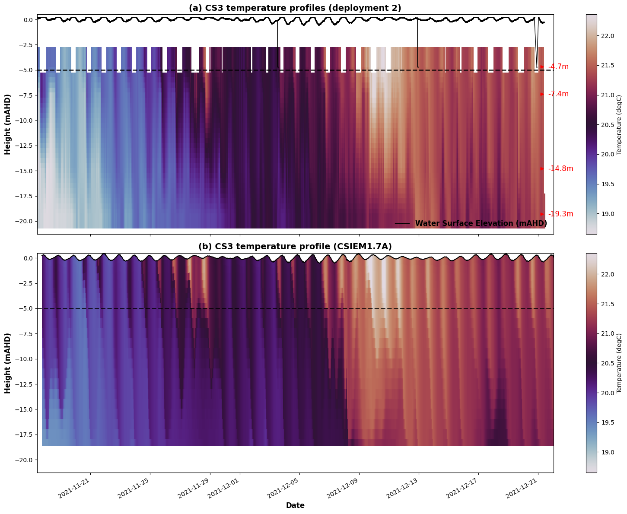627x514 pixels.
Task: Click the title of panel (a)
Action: pyautogui.click(x=295, y=8)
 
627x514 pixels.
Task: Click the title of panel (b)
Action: pyautogui.click(x=295, y=246)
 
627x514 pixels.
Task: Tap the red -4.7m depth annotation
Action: pyautogui.click(x=558, y=67)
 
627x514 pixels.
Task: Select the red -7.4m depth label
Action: pyautogui.click(x=558, y=94)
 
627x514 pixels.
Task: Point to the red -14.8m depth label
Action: pyautogui.click(x=560, y=169)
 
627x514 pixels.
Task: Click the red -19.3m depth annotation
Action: pyautogui.click(x=560, y=214)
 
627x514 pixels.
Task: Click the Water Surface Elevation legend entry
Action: pyautogui.click(x=481, y=223)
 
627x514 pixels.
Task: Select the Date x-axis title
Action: pyautogui.click(x=295, y=505)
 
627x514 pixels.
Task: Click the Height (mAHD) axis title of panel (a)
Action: pyautogui.click(x=8, y=124)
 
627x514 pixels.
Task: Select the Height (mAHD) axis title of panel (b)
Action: pyautogui.click(x=8, y=363)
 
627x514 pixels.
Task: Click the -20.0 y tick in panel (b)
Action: pyautogui.click(x=25, y=460)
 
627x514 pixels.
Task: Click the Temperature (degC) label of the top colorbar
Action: pyautogui.click(x=619, y=124)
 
